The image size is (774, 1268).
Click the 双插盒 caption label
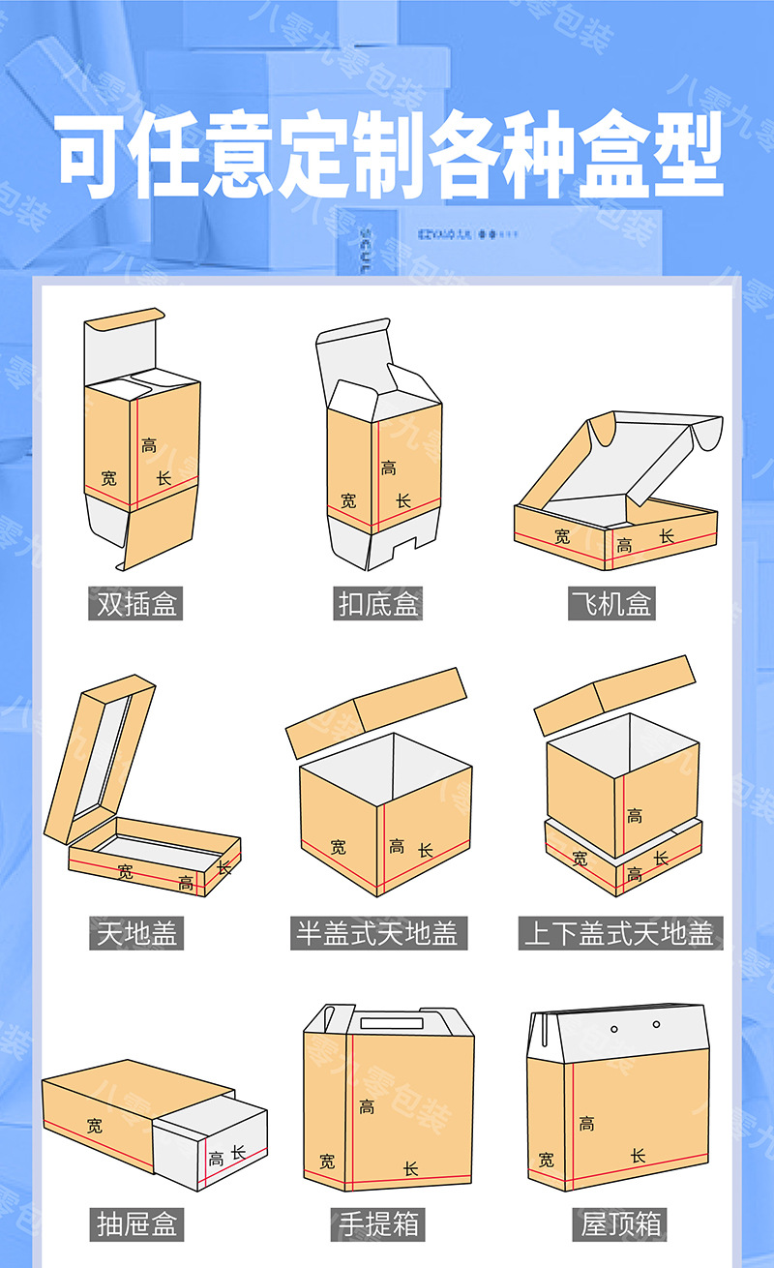click(x=137, y=604)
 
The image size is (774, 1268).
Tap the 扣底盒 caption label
click(x=379, y=604)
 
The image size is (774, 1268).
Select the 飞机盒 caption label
click(x=611, y=604)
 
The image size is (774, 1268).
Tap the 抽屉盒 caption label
click(x=137, y=1223)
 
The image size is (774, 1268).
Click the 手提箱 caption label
click(x=379, y=1223)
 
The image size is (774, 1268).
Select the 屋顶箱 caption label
click(x=621, y=1223)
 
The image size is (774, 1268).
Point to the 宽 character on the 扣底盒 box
click(x=347, y=500)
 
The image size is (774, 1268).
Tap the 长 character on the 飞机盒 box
click(x=667, y=535)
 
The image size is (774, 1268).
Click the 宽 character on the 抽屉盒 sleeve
click(x=94, y=1126)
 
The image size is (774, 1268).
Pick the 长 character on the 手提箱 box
click(x=410, y=1168)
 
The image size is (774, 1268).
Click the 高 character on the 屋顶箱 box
click(x=586, y=1124)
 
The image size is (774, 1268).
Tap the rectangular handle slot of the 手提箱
click(x=391, y=1024)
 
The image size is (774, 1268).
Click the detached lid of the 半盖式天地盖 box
click(x=377, y=710)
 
